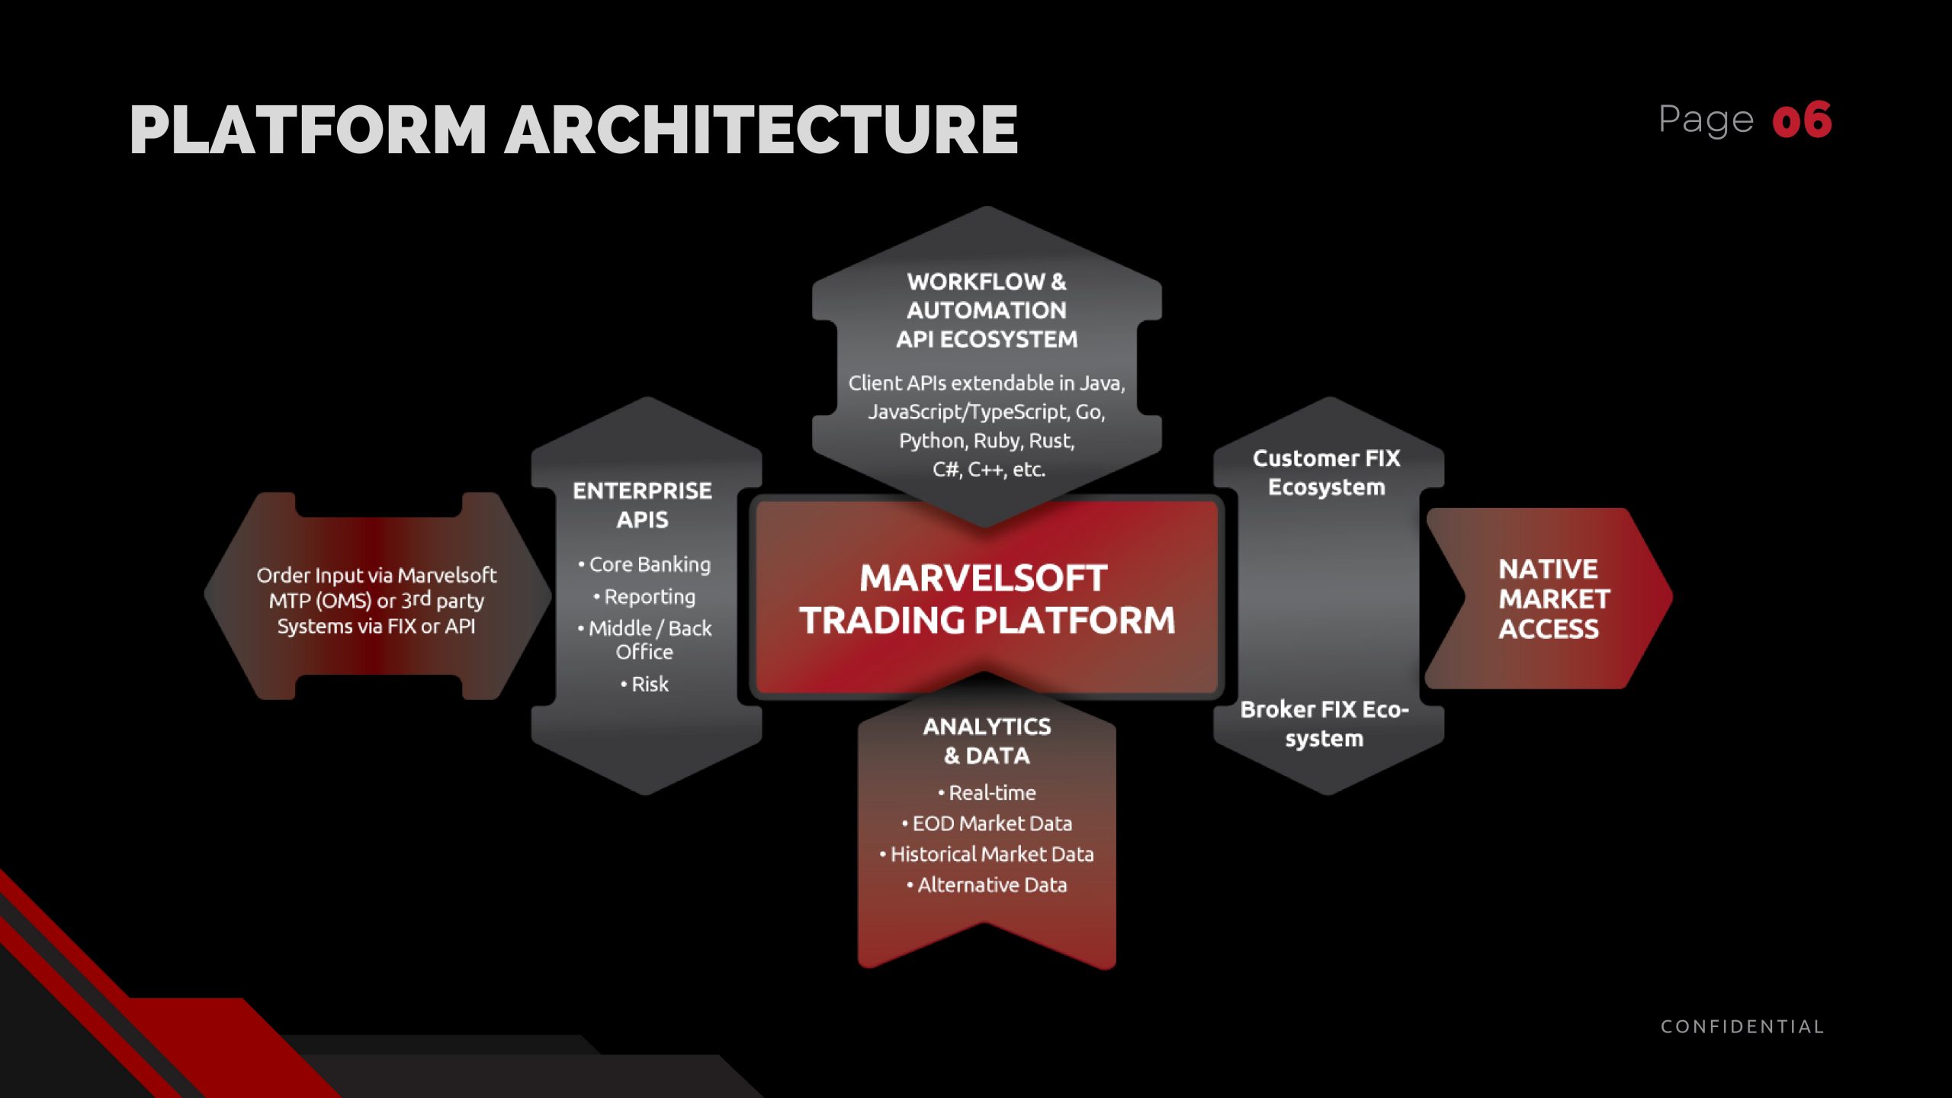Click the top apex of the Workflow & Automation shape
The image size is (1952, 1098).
987,207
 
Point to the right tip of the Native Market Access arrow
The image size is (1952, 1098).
1672,596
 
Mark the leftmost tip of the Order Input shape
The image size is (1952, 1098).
204,595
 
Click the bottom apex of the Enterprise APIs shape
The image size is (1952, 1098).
647,795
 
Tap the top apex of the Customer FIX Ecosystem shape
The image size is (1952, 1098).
1329,397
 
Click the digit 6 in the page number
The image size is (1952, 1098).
1816,120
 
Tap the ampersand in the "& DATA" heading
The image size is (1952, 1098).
952,756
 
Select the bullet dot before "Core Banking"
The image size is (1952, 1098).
581,565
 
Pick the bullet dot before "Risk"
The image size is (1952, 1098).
624,685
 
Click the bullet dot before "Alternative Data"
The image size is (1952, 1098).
910,885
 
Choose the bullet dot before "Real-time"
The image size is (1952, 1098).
941,793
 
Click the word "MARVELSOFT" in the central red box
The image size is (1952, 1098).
984,578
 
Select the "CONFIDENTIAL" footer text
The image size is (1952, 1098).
1742,1026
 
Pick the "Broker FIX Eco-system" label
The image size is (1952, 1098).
1324,724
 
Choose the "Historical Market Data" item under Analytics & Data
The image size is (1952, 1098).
992,854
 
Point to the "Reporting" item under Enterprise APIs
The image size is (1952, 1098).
650,596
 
